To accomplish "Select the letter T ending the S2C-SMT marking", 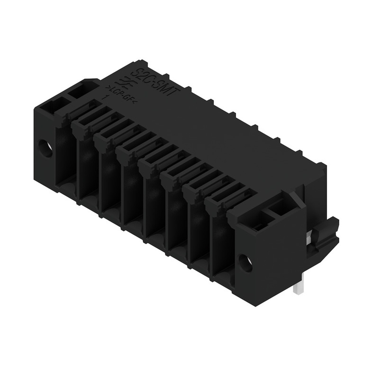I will [x=177, y=94].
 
